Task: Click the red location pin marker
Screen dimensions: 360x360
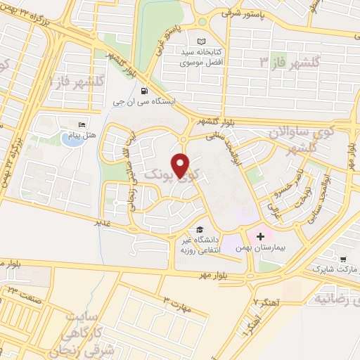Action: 181,165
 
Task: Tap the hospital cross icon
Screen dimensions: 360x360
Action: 259,236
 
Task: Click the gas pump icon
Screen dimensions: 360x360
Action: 144,91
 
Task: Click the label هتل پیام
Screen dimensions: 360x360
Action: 86,134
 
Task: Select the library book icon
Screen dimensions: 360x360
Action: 202,42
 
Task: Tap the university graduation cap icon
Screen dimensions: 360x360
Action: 200,229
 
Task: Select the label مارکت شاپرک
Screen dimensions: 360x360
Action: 330,269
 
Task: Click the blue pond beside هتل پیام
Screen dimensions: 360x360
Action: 70,139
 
